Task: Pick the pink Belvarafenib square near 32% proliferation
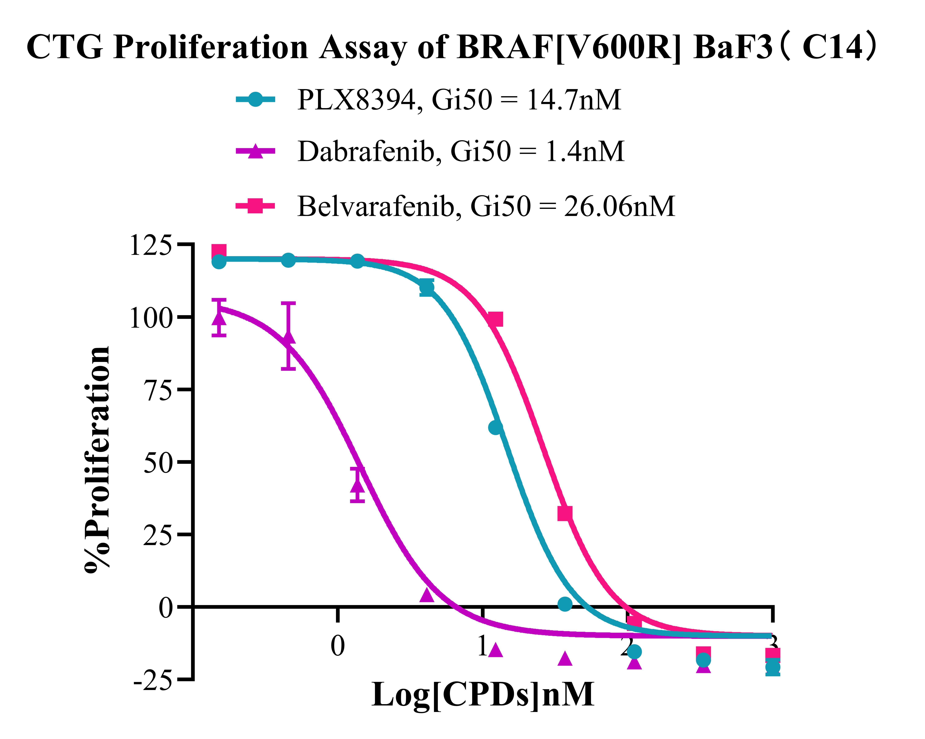pyautogui.click(x=565, y=513)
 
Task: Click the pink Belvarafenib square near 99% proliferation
pyautogui.click(x=496, y=319)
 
